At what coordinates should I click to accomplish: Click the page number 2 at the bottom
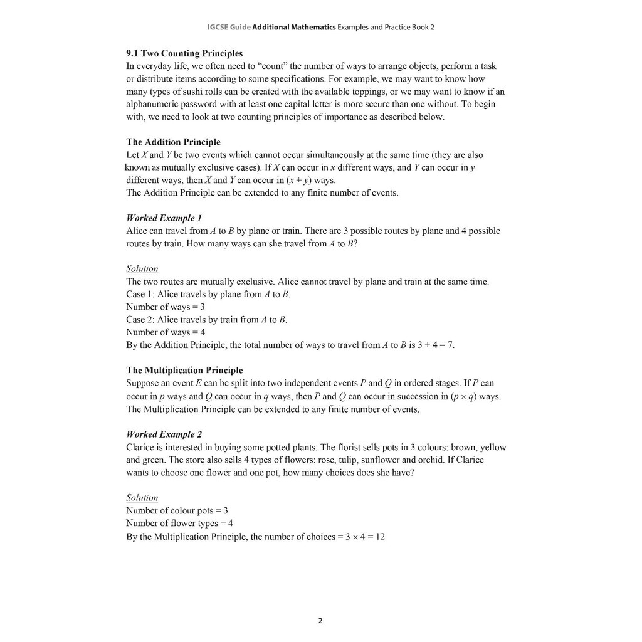(x=320, y=621)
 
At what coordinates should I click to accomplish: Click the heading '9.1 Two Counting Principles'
(x=184, y=53)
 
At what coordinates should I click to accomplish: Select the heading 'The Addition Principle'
(x=173, y=142)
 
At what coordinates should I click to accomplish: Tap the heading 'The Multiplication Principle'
(x=184, y=370)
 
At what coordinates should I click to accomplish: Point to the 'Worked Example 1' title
(x=164, y=218)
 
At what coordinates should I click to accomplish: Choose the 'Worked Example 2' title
(x=164, y=434)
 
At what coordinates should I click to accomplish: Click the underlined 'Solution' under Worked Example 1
(x=142, y=269)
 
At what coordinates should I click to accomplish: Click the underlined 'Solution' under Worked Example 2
(x=142, y=497)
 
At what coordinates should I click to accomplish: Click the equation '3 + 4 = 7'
(x=436, y=345)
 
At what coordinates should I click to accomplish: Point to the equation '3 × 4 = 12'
(x=365, y=537)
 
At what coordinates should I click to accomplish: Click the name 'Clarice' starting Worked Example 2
(x=140, y=447)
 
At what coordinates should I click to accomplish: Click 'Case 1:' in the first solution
(x=140, y=294)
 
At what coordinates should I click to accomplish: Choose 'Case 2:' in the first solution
(x=140, y=320)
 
